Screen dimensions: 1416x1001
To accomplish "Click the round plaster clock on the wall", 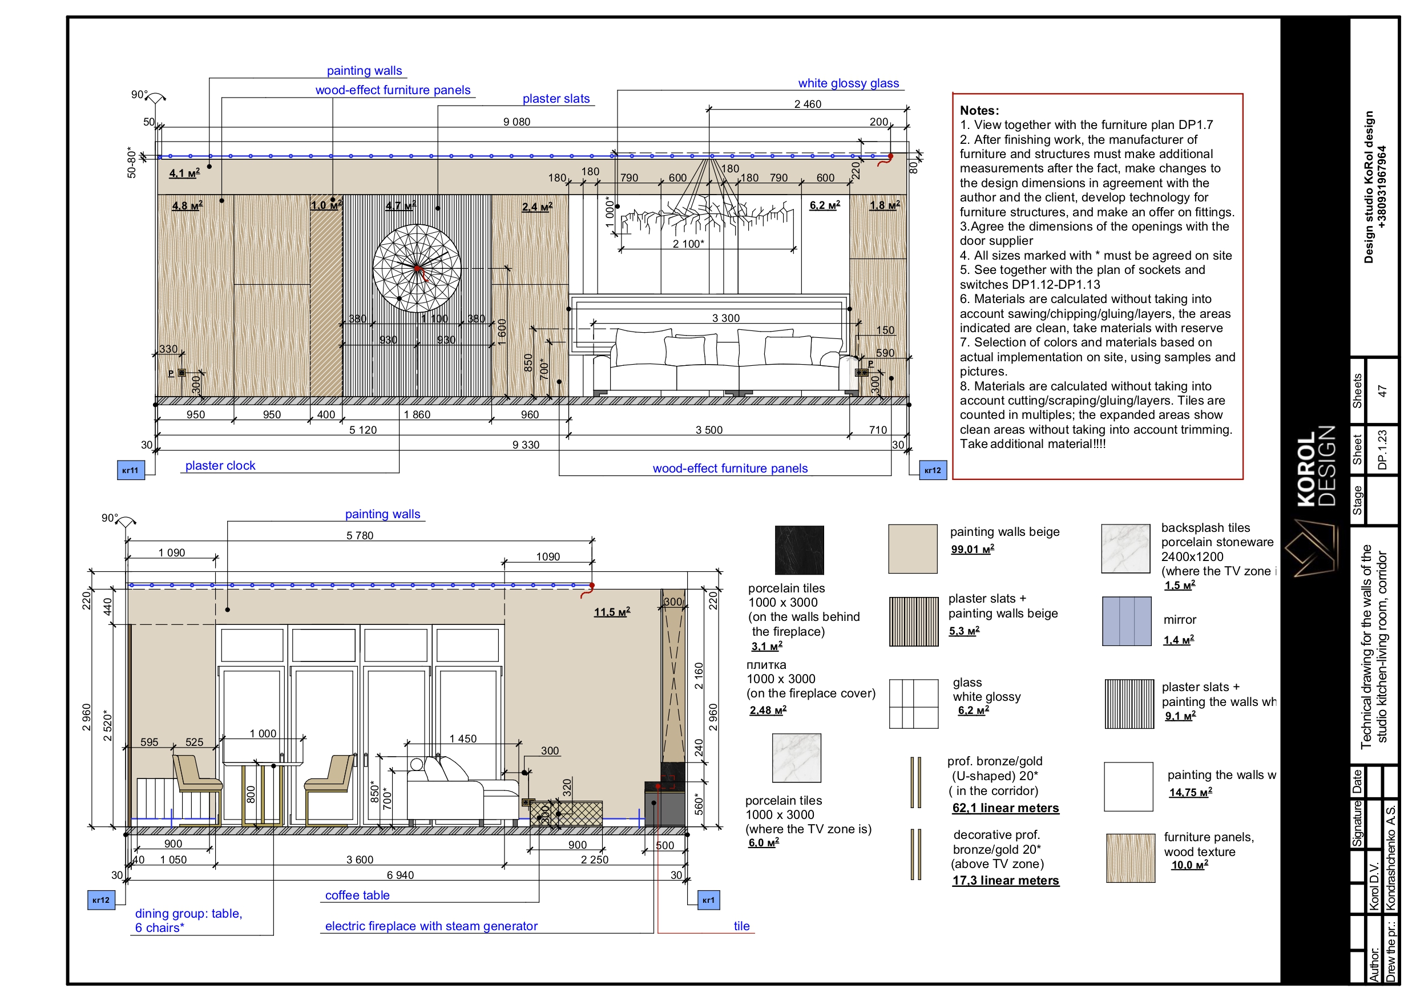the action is pos(416,268).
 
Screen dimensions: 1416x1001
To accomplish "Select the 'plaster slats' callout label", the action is pos(556,99).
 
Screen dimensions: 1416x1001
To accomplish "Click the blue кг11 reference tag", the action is pos(131,470).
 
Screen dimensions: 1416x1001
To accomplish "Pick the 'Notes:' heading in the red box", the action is pos(979,110).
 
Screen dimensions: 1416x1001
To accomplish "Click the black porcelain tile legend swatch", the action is pos(798,550).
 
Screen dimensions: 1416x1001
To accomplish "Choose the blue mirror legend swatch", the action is pos(1126,621).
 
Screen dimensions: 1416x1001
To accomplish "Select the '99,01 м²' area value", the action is pos(972,549).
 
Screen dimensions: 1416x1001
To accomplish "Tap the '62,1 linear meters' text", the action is pos(1005,808).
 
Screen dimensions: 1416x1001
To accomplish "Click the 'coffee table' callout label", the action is pos(357,895).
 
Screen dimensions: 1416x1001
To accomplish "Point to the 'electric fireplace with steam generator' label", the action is pos(431,926).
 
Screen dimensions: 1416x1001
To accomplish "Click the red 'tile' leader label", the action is pos(741,926).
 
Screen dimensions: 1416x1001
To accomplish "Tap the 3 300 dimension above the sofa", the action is pos(726,318).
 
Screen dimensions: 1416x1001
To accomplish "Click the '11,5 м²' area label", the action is pos(612,612).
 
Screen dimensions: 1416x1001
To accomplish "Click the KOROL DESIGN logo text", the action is pos(1316,466).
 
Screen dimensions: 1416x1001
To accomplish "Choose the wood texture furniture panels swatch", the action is pos(1131,858).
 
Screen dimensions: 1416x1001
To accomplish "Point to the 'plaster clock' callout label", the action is pos(220,466).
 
